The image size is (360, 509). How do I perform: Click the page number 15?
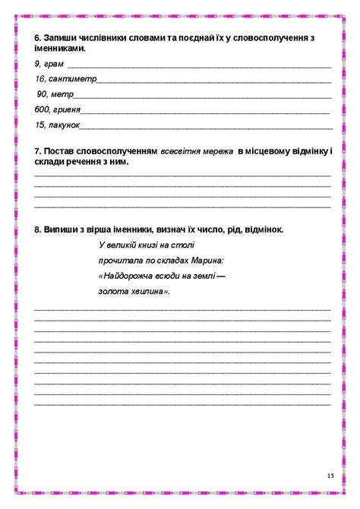pyautogui.click(x=330, y=475)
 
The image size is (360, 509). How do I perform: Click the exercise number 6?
pyautogui.click(x=38, y=37)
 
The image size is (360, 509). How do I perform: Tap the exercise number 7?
pyautogui.click(x=38, y=152)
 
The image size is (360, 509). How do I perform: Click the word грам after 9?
pyautogui.click(x=54, y=63)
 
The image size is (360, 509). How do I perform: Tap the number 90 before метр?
pyautogui.click(x=42, y=94)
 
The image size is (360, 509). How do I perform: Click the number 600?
pyautogui.click(x=42, y=109)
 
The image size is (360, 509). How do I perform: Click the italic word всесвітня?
pyautogui.click(x=179, y=152)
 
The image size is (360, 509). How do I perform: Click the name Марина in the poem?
pyautogui.click(x=207, y=260)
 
